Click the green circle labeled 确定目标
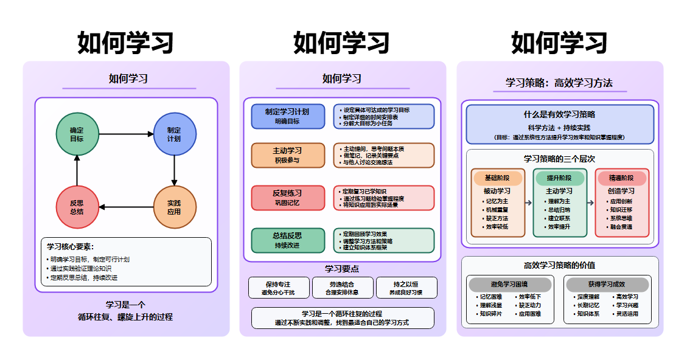coord(77,134)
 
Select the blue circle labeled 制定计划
coord(174,134)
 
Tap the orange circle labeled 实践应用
coord(174,207)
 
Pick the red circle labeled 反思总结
coord(77,207)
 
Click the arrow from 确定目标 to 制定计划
coord(125,134)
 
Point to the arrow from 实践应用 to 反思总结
coord(125,207)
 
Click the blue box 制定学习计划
coord(287,116)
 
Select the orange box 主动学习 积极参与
coord(287,155)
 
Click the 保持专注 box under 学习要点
coord(278,288)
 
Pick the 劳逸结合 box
coord(342,288)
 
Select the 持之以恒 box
coord(406,288)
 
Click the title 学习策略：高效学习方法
coord(559,83)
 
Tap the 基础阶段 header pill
coord(498,178)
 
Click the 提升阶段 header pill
coord(559,178)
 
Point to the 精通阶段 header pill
coord(621,178)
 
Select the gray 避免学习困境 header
coord(509,285)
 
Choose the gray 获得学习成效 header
coord(607,285)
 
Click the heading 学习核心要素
coord(71,246)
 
